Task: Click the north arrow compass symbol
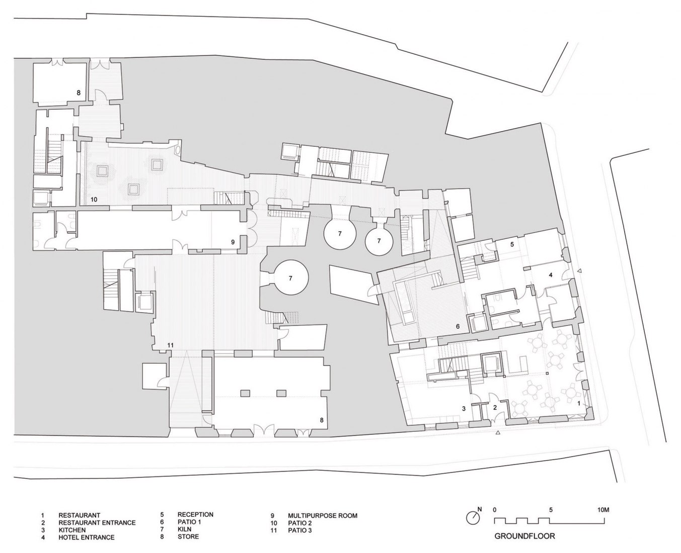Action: click(473, 517)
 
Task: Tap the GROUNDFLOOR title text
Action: click(524, 536)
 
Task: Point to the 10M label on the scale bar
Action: click(603, 509)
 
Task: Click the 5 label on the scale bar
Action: click(551, 509)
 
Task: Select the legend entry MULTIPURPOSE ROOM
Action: click(322, 516)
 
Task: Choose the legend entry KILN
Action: click(184, 529)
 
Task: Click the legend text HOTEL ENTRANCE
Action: click(86, 537)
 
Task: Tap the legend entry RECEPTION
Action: click(195, 515)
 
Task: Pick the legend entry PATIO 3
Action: click(300, 530)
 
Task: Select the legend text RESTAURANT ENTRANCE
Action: click(97, 522)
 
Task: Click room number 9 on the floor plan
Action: click(233, 242)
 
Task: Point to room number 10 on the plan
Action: click(94, 200)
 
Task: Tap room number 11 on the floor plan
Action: click(171, 345)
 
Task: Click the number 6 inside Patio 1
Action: click(458, 326)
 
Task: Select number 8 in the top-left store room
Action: click(79, 93)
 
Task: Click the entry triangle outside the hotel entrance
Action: click(580, 271)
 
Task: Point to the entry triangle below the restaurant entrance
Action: click(498, 432)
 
